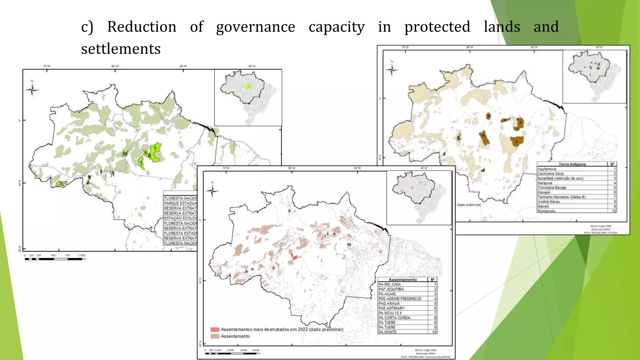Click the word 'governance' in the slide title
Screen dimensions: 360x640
pyautogui.click(x=255, y=27)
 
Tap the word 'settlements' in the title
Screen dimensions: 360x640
pyautogui.click(x=121, y=49)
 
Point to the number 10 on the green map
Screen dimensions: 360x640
pyautogui.click(x=125, y=154)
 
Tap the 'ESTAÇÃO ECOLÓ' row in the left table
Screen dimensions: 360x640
pyautogui.click(x=180, y=218)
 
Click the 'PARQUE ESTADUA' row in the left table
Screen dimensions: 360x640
pyautogui.click(x=180, y=203)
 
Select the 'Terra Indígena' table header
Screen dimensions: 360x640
pyautogui.click(x=572, y=164)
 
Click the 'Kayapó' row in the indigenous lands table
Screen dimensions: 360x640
pyautogui.click(x=544, y=192)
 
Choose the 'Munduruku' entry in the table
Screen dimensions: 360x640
pyautogui.click(x=547, y=211)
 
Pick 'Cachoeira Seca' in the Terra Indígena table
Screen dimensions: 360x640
pyautogui.click(x=551, y=173)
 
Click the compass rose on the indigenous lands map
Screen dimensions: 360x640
pyautogui.click(x=392, y=69)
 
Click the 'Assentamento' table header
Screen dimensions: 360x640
pyautogui.click(x=402, y=280)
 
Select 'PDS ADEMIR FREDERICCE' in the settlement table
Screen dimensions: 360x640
pyautogui.click(x=400, y=299)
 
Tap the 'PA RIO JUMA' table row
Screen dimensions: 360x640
pyautogui.click(x=389, y=284)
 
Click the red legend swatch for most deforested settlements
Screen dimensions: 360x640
pyautogui.click(x=215, y=329)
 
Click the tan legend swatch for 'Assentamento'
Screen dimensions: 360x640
pyautogui.click(x=215, y=336)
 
